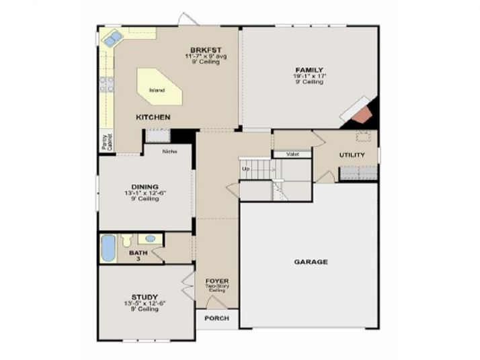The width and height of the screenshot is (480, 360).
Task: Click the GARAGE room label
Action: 311,261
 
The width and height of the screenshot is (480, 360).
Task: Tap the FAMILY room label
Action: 309,70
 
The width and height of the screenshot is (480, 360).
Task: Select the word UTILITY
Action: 352,155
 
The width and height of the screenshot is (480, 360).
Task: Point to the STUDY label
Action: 145,296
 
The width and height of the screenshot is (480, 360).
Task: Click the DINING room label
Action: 145,187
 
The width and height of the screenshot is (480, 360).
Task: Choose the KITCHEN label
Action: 153,117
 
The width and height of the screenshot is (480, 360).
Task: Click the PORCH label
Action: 217,318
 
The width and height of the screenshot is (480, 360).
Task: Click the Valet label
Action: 292,154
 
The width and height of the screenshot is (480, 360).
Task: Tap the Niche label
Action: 169,151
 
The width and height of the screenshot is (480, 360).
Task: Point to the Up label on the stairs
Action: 245,169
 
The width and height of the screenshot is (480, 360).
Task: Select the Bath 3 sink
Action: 151,238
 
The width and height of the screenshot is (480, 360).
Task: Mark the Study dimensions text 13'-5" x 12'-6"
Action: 145,303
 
